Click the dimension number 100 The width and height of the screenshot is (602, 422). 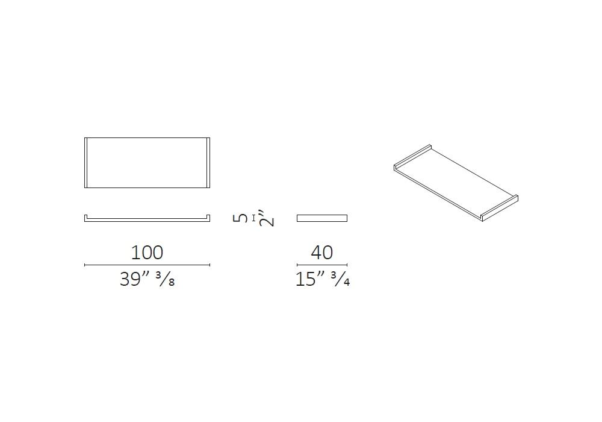pos(147,253)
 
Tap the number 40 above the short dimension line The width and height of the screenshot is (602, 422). pos(321,253)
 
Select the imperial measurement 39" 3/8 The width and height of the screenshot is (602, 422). pos(147,279)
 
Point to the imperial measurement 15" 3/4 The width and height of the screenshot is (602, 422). pos(323,279)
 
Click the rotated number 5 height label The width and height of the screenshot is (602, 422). pos(240,218)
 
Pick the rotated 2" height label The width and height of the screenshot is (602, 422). pos(266,218)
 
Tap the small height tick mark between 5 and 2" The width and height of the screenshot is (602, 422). pos(253,218)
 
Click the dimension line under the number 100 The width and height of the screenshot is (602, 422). pos(147,265)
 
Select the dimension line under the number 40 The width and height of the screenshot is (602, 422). pos(322,265)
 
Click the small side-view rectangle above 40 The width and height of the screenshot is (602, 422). pos(322,218)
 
